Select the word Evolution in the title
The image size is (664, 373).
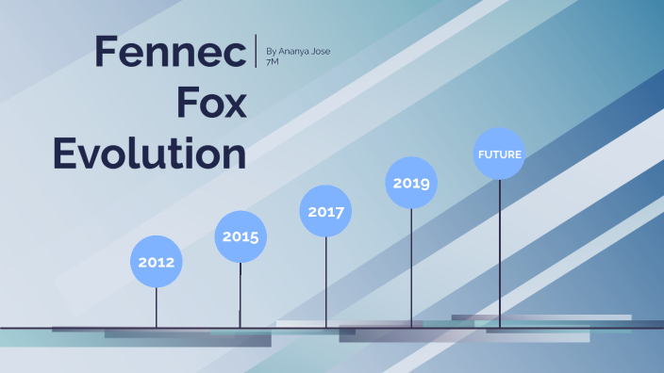click(149, 153)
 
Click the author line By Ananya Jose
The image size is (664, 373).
click(298, 51)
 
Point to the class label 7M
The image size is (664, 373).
click(274, 63)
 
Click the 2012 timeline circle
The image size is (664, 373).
click(156, 262)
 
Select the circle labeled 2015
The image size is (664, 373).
click(241, 236)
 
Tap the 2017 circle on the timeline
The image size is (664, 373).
click(326, 211)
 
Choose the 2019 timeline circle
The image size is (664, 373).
click(411, 183)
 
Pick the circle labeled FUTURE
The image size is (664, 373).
click(499, 154)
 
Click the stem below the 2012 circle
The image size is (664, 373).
click(156, 307)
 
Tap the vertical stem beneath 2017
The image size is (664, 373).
click(326, 282)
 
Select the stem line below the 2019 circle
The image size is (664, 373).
click(411, 268)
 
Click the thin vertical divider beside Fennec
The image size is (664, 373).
click(257, 51)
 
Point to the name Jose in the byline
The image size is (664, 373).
click(320, 51)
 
